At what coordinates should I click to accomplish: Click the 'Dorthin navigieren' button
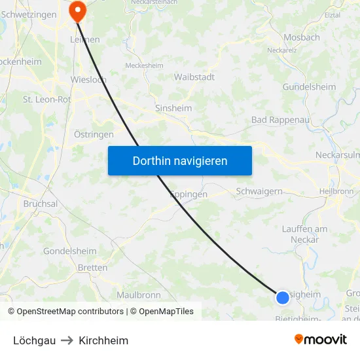180,160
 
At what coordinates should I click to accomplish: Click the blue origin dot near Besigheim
282,298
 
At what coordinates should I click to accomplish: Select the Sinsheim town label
173,107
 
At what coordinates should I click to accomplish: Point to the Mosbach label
302,37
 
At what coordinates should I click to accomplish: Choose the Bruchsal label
41,204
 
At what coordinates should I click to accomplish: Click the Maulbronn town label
139,295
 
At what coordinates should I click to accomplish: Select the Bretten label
92,268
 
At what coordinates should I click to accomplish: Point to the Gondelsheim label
70,251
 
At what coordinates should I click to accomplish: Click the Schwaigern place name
259,191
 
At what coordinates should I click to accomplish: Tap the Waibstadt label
194,77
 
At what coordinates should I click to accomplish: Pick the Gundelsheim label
309,86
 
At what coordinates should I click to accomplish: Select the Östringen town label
94,134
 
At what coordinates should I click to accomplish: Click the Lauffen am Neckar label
304,234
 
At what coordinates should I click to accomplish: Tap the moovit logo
321,340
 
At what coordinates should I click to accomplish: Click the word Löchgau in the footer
34,340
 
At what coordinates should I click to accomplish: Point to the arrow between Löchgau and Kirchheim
67,340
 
